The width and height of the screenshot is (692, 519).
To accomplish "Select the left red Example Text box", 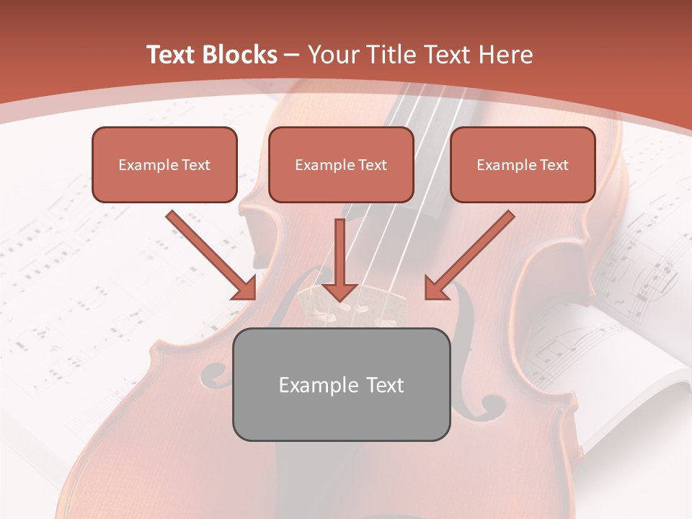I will coord(164,164).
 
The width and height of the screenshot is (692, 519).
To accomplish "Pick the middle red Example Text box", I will coord(341,164).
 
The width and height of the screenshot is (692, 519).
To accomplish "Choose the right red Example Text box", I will coord(523,164).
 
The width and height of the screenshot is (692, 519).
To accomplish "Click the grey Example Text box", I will coord(341,384).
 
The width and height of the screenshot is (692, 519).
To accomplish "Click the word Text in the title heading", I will coord(170,55).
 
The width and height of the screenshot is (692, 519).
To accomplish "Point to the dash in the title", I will coord(292,55).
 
